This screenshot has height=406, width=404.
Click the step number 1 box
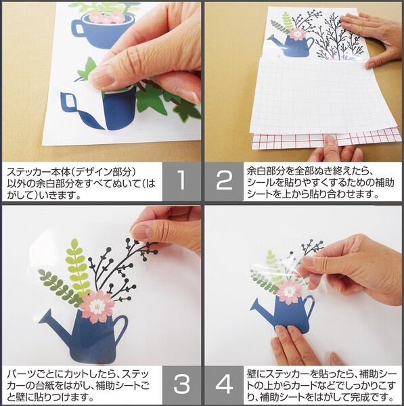(182, 181)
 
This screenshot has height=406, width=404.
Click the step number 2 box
(224, 181)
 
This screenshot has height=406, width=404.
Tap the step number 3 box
(182, 385)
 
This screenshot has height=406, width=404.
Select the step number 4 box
(224, 385)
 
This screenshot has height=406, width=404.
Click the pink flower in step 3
(97, 307)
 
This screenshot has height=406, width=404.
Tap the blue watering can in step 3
(85, 336)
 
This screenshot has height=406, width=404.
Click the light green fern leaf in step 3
(76, 267)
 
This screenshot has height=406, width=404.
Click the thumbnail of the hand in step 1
(102, 76)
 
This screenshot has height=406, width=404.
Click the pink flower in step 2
(297, 35)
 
